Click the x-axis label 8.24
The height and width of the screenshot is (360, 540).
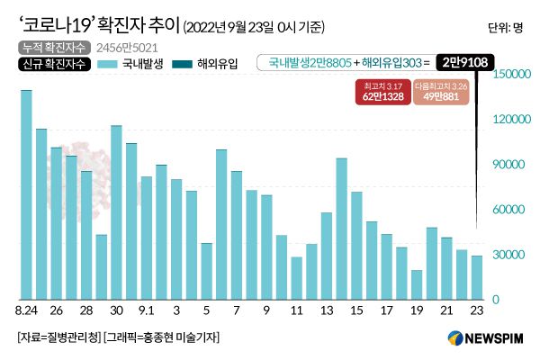pos(26,311)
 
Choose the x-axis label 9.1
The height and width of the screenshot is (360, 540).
pos(147,311)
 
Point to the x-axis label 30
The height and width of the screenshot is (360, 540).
pos(116,311)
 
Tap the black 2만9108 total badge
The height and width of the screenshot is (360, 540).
pos(462,63)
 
